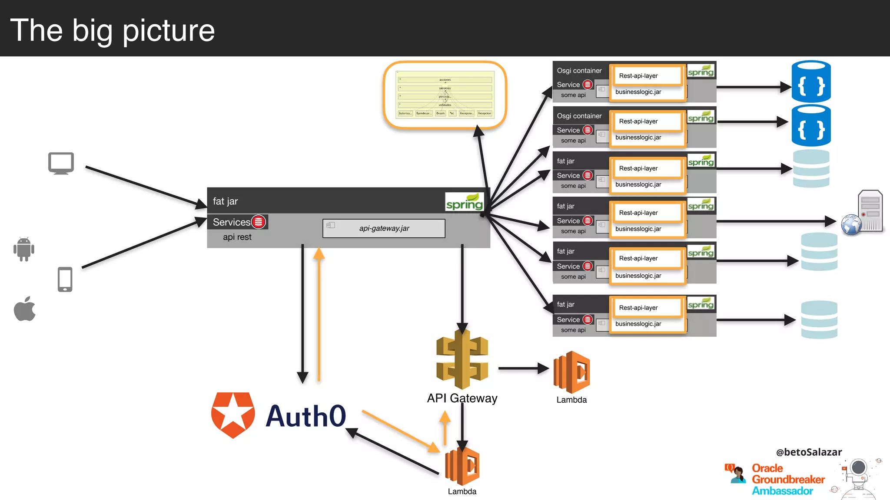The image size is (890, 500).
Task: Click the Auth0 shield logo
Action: pos(233,415)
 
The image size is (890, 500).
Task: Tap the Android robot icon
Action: pos(24,249)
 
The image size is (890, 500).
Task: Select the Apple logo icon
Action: pos(25,309)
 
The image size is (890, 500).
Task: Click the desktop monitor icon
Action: pos(61,163)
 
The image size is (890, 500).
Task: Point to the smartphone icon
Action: pos(65,279)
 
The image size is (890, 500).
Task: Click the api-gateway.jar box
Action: pos(384,228)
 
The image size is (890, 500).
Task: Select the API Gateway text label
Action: pos(462,398)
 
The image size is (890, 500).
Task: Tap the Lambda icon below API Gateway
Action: pos(462,467)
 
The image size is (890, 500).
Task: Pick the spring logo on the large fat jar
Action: pos(465,202)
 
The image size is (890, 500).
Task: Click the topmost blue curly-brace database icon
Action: pos(811,82)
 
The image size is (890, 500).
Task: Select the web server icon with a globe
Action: pos(862,214)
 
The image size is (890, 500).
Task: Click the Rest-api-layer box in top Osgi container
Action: pos(646,76)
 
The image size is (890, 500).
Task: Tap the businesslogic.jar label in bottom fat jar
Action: pos(638,324)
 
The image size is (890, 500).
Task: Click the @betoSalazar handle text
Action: pos(809,452)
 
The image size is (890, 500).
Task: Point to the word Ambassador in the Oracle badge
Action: pos(782,491)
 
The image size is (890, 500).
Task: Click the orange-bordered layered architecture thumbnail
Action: pos(445,95)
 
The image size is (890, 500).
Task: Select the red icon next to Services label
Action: pos(259,222)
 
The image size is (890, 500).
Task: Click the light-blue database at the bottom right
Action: pos(819,320)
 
